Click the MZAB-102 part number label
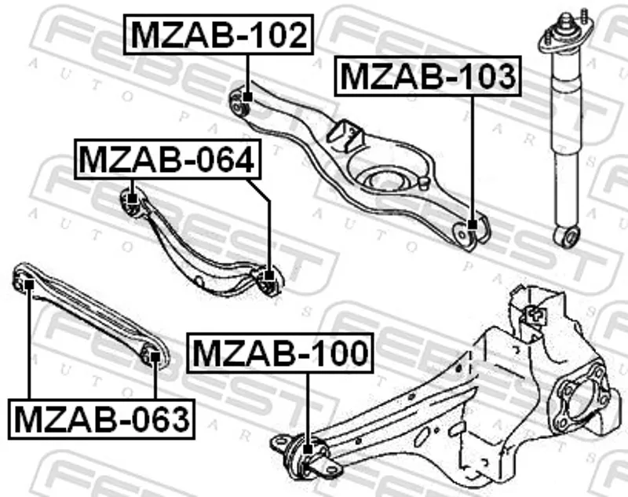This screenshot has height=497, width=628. (x=218, y=35)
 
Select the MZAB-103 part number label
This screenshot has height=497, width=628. (x=428, y=76)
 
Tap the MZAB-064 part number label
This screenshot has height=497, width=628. (x=167, y=159)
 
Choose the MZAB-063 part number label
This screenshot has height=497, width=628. (x=101, y=419)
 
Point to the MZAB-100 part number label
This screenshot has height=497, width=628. (x=280, y=353)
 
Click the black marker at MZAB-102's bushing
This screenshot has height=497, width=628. (x=248, y=97)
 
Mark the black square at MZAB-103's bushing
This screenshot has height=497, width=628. (x=473, y=225)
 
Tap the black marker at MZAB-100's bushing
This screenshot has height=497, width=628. (x=308, y=449)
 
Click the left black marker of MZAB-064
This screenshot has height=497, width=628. (x=133, y=198)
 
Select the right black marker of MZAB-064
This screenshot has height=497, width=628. (x=269, y=276)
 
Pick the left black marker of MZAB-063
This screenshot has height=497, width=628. (x=29, y=284)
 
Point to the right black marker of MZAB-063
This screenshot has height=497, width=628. (x=155, y=356)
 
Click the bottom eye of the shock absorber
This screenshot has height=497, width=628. (x=566, y=236)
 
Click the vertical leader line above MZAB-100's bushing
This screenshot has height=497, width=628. (x=308, y=408)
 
